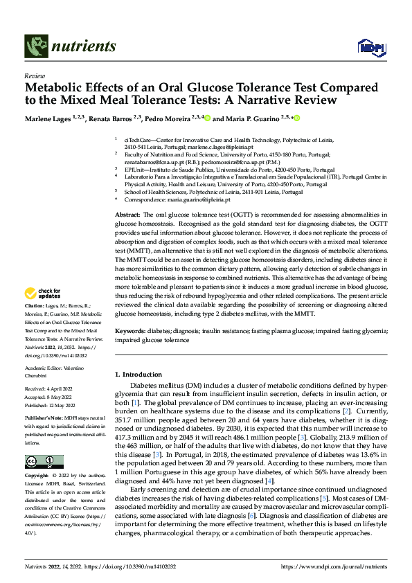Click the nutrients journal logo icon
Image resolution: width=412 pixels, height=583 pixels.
35,46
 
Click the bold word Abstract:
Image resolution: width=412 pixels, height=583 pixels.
127,216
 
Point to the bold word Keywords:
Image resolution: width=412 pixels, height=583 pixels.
130,332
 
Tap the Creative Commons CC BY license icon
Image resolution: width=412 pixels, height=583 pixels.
44,462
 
